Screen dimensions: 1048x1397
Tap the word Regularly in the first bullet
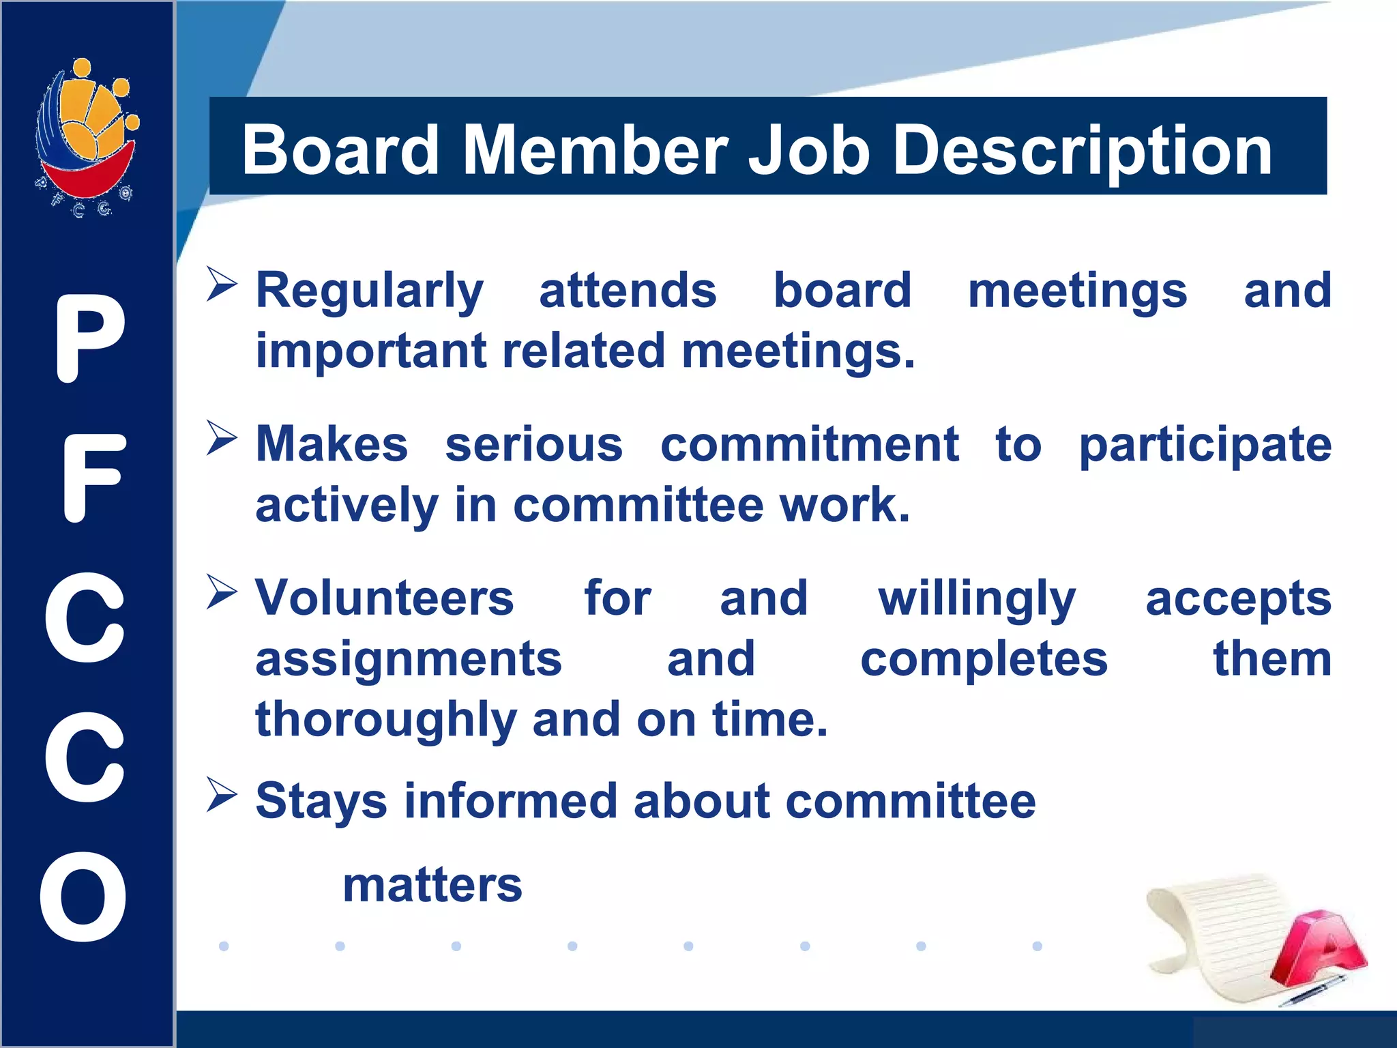tap(370, 291)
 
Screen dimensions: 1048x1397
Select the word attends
tap(628, 291)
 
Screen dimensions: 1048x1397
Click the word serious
tap(534, 445)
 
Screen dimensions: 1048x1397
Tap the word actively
tap(347, 506)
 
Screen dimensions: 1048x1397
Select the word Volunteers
tap(385, 598)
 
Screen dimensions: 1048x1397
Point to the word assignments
tap(409, 660)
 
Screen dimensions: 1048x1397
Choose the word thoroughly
tap(385, 720)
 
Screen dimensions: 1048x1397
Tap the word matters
tap(432, 886)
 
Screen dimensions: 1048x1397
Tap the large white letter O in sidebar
tap(83, 897)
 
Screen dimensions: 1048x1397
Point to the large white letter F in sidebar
tap(93, 479)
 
